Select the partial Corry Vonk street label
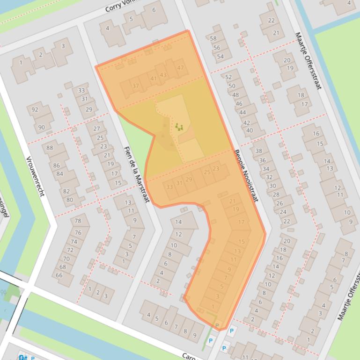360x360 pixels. point(120,6)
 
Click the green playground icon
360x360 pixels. point(178,126)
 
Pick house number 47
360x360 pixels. point(181,68)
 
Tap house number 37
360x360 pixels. point(136,86)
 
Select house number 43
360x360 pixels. point(163,75)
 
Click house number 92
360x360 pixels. point(35,110)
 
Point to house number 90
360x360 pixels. point(42,127)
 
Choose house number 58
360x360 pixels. point(213,39)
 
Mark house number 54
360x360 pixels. point(220,57)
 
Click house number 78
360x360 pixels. point(78,221)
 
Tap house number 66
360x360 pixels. point(59,275)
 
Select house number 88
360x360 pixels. point(50,148)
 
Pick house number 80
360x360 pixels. point(69,200)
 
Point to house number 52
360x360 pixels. point(228,77)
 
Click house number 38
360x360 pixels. point(259,151)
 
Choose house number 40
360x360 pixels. point(249,131)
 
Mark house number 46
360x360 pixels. point(239,104)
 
